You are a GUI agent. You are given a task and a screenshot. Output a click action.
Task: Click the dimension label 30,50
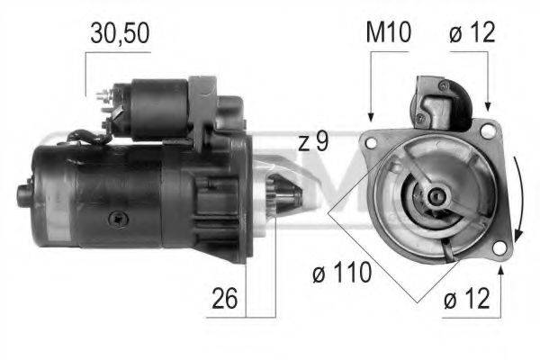point(120,33)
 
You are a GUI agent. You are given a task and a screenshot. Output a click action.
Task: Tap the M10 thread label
point(388,32)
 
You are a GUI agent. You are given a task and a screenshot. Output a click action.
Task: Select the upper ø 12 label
point(472,32)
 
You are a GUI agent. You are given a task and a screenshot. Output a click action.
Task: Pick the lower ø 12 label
point(466,298)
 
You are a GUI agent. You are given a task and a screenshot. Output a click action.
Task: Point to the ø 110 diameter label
point(342,273)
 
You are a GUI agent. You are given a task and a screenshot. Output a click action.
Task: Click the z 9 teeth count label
point(313,141)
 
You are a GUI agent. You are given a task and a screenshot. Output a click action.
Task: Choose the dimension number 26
point(224,298)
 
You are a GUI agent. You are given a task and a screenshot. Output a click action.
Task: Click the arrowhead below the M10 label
point(371,117)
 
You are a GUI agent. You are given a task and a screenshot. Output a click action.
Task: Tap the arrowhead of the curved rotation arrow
point(517,237)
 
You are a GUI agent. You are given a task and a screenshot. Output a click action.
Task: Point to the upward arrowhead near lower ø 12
point(501,272)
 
